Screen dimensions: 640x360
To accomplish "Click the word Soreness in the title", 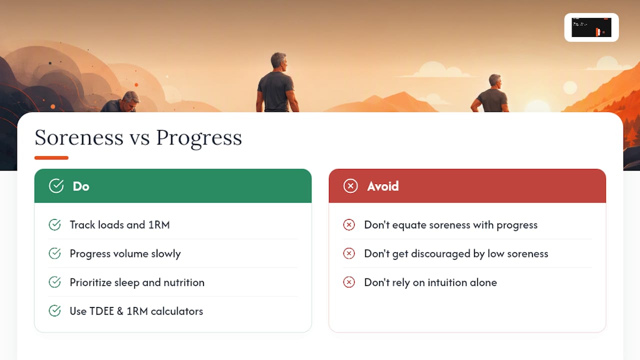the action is tap(79, 137).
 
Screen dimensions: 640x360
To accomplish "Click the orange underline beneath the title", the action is tap(51, 157).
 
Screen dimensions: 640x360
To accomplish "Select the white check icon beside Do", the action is tap(56, 186).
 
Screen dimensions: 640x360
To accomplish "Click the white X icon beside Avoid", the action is tap(350, 186).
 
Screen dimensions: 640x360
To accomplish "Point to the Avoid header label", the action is tap(383, 186).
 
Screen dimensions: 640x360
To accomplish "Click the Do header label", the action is tap(81, 186).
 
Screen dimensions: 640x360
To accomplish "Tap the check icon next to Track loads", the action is tap(54, 225).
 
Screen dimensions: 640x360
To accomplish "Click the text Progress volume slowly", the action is tap(125, 254).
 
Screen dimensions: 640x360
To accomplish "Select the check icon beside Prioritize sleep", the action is tap(54, 282).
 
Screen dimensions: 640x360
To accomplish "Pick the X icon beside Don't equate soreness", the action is tap(349, 225).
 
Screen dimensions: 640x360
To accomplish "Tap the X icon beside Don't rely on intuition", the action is tap(349, 282).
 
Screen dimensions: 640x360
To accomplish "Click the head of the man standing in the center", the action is tap(278, 62).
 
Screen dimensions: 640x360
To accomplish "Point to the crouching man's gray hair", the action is tap(131, 96).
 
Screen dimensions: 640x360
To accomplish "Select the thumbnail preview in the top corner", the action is tap(591, 27).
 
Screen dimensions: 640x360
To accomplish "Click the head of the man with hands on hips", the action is tap(495, 81).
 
